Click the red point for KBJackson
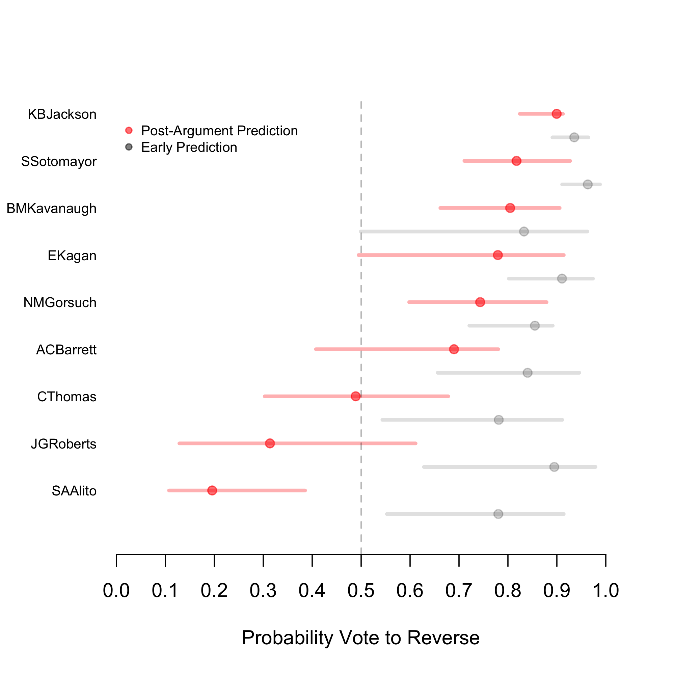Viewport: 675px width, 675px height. tap(557, 114)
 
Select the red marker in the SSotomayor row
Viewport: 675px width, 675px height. tap(516, 161)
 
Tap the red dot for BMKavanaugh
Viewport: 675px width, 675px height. tap(510, 208)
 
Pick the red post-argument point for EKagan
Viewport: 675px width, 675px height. tap(498, 255)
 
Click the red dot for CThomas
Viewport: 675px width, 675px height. tap(356, 396)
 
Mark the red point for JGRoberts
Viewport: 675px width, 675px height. tap(270, 443)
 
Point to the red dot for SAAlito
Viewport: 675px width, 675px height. tap(212, 490)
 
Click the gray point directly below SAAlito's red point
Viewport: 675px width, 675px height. tap(498, 514)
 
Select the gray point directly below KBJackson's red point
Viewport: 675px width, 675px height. tap(574, 137)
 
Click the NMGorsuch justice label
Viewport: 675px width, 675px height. tap(60, 302)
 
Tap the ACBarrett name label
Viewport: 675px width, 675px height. tap(66, 350)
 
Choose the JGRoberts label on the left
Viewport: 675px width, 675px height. tap(63, 444)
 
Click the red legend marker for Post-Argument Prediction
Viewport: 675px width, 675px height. tap(129, 131)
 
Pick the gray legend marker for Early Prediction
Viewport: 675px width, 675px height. tap(129, 147)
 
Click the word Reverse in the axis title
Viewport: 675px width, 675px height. tap(443, 638)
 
